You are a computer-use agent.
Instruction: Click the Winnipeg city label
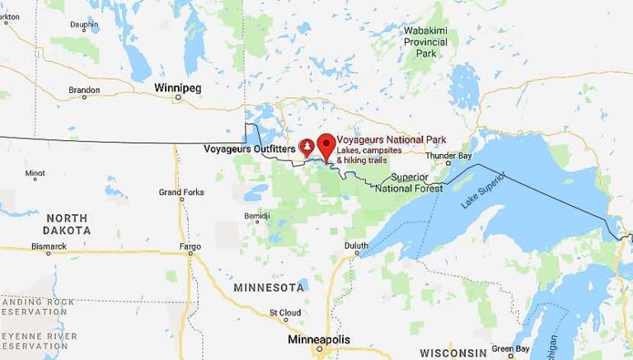coord(178,86)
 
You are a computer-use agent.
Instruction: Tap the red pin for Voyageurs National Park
coord(326,143)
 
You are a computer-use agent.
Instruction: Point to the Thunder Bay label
coord(448,156)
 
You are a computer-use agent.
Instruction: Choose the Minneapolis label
coord(319,339)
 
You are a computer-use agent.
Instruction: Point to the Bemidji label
coord(257,216)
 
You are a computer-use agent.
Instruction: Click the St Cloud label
coord(285,313)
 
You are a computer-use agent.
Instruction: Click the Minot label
coord(35,174)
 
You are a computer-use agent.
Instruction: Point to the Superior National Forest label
coord(409,183)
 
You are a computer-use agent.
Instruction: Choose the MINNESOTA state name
coord(269,288)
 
